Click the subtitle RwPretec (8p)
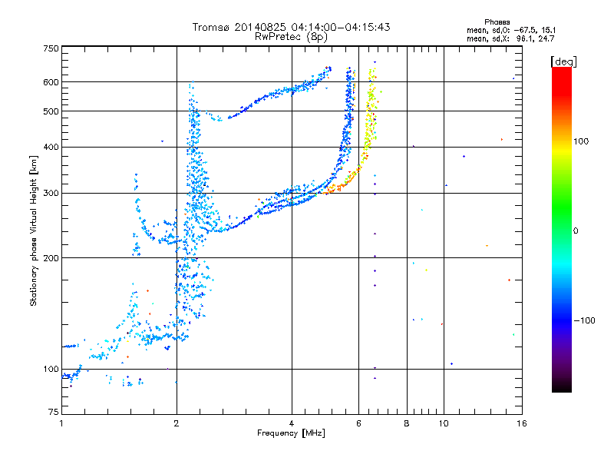(291, 37)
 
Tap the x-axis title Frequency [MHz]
(291, 433)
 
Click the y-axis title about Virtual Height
(33, 230)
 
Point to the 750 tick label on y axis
(51, 48)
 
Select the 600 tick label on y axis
(51, 82)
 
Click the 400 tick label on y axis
(51, 147)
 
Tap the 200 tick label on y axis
(51, 258)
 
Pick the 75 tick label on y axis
(54, 412)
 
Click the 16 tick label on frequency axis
(522, 423)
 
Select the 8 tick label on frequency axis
(407, 423)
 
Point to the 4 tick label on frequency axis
(292, 423)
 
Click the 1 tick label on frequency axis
(62, 423)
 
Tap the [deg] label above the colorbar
(563, 61)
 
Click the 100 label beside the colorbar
(581, 141)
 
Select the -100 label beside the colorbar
(584, 320)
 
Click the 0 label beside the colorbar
(576, 231)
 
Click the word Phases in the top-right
(497, 22)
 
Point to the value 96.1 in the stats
(525, 38)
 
